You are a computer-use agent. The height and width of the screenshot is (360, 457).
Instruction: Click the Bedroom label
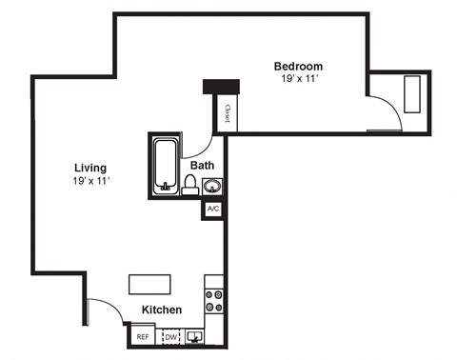click(x=298, y=66)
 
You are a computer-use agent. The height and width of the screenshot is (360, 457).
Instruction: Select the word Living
click(x=90, y=168)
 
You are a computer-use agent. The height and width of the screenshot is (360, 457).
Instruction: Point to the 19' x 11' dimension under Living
click(x=90, y=181)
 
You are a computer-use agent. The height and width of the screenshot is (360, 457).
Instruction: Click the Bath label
click(x=202, y=166)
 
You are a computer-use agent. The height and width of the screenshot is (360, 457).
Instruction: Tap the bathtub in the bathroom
click(x=167, y=165)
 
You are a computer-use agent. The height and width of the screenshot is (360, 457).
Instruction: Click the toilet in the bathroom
click(x=189, y=184)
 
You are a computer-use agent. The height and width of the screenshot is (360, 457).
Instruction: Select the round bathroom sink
click(x=212, y=186)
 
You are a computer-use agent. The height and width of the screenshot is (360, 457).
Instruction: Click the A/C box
click(x=213, y=209)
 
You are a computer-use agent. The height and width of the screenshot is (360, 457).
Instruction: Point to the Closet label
click(x=228, y=113)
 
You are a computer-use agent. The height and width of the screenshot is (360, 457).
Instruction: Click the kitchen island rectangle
click(x=150, y=285)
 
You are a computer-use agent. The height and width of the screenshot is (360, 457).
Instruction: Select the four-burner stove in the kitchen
click(x=214, y=301)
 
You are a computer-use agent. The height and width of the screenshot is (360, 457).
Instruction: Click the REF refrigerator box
click(x=143, y=336)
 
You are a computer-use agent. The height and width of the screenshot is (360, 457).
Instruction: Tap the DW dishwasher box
click(x=171, y=336)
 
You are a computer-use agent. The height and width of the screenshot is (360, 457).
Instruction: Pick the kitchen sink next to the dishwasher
click(x=197, y=335)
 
